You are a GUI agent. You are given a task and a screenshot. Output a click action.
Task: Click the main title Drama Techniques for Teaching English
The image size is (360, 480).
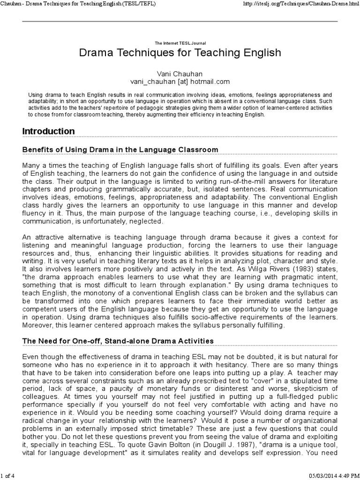[180, 52]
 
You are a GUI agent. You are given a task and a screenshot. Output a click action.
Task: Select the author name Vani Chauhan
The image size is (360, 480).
[180, 73]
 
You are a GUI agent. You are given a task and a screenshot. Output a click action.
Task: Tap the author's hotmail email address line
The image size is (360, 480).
[180, 81]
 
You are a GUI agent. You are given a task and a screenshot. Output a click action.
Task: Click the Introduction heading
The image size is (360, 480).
[49, 131]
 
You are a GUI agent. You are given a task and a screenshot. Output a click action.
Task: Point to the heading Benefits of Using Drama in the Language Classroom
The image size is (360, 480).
[120, 150]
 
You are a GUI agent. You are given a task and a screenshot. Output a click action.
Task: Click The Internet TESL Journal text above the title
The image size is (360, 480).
[180, 43]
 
